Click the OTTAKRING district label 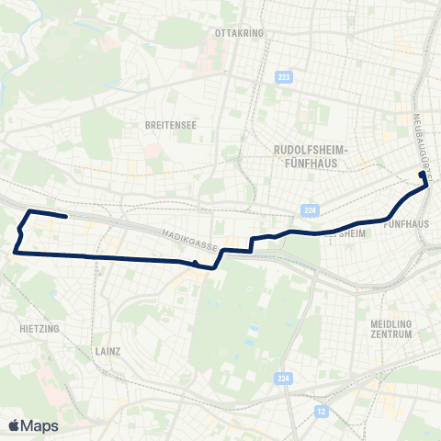[x=238, y=32]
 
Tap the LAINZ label [x=107, y=350]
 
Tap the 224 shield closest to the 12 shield [x=283, y=379]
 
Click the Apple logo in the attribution [x=14, y=425]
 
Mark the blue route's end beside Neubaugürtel [x=423, y=174]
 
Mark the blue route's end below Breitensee [x=67, y=217]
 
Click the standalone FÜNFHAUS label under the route [x=406, y=223]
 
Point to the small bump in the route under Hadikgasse [x=196, y=264]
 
